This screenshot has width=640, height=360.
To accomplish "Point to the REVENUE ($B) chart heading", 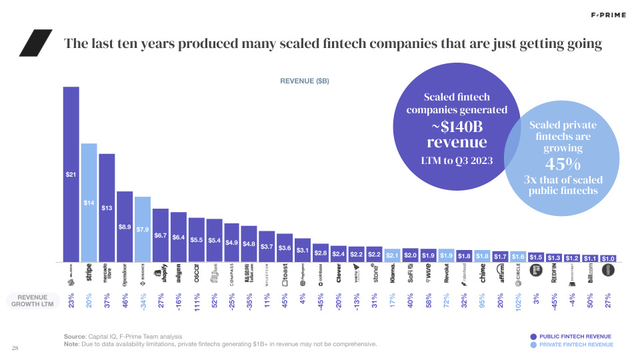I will click(305, 81).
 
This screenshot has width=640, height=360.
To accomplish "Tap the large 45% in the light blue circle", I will click(563, 163).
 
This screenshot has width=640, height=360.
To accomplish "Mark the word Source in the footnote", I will click(75, 336).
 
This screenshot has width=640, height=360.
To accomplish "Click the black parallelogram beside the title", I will click(35, 44).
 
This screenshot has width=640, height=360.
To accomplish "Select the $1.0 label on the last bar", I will click(608, 258).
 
